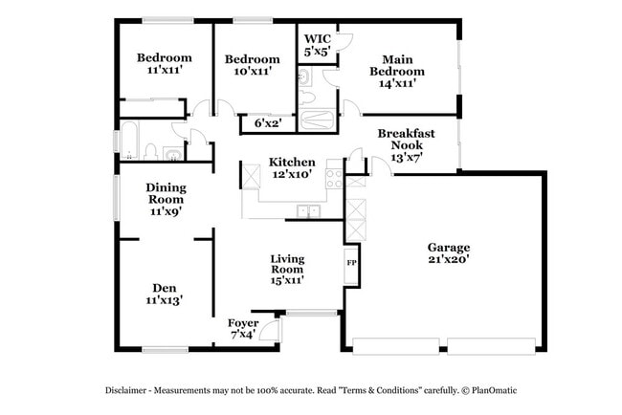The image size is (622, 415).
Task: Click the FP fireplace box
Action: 351,264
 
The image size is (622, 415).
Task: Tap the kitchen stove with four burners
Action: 334,177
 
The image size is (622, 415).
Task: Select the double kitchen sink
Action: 308,211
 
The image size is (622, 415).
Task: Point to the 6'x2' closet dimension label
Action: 268,123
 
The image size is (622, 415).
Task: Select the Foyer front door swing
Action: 271,332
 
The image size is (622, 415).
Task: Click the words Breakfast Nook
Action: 407,139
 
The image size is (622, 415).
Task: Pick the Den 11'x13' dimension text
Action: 164,300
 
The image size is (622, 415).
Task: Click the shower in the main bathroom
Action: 317,120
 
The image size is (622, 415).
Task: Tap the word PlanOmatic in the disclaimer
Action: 494,390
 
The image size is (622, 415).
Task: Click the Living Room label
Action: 286,265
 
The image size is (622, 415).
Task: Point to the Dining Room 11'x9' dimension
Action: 165,211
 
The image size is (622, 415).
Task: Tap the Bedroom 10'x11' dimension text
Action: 254,71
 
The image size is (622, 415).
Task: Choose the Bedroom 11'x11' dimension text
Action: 164,71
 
